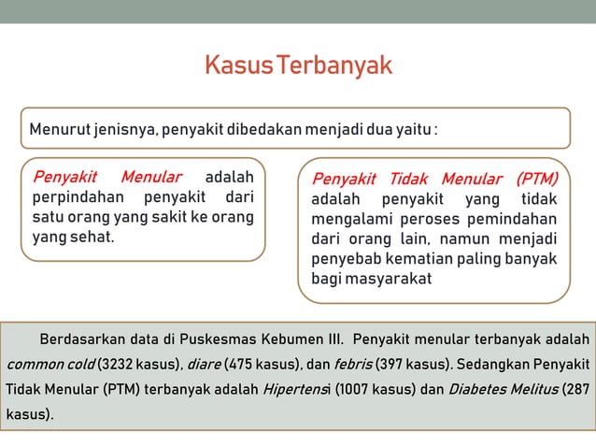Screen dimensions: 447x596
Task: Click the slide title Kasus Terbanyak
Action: [x=298, y=66]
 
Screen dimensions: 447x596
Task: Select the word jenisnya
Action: [x=125, y=128]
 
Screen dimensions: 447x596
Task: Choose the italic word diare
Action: [x=203, y=364]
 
